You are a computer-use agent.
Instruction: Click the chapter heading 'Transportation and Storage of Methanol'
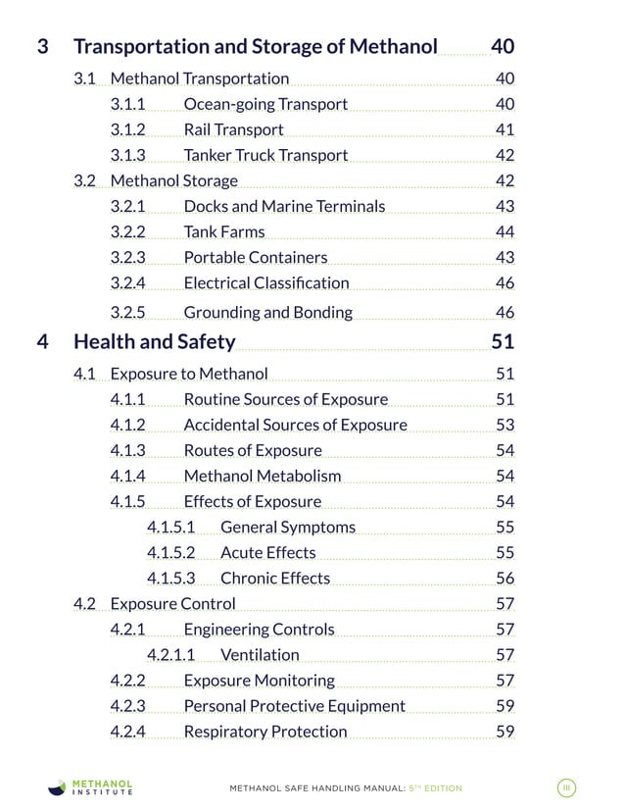tap(255, 46)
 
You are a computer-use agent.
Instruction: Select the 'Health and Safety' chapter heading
tap(154, 341)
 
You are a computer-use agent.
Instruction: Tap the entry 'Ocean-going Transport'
tap(264, 104)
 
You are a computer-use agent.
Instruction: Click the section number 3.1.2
tap(127, 129)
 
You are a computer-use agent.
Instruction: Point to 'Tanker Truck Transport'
tap(264, 155)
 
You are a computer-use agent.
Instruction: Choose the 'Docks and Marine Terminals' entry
tap(284, 206)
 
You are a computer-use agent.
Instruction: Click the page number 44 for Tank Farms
tap(505, 231)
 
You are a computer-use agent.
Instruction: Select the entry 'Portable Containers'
tap(255, 257)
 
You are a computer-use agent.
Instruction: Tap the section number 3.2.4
tap(127, 282)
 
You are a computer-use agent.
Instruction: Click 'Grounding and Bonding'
tap(267, 312)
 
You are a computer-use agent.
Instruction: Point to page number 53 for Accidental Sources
tap(505, 425)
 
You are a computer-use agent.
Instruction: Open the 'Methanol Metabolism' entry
tap(262, 476)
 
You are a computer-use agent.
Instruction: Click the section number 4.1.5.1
tap(170, 527)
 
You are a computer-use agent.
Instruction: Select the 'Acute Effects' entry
tap(267, 552)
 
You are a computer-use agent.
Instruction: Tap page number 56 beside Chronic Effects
tap(505, 578)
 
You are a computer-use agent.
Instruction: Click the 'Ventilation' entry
tap(260, 654)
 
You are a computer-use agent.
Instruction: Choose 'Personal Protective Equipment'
tap(294, 705)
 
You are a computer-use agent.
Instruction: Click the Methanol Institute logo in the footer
tap(92, 787)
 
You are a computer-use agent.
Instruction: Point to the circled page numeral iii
tap(566, 787)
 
